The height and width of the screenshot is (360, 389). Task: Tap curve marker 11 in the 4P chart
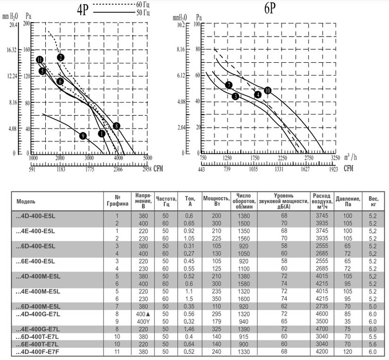coord(40,60)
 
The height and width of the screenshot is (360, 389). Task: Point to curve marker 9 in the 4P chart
coord(82,135)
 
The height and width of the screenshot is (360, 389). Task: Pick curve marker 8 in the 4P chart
coord(117,125)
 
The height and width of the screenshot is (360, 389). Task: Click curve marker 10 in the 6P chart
coord(268,90)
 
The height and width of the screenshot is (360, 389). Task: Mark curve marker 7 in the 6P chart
coord(228,85)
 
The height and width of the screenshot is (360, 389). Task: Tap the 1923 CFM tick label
coord(334,168)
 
